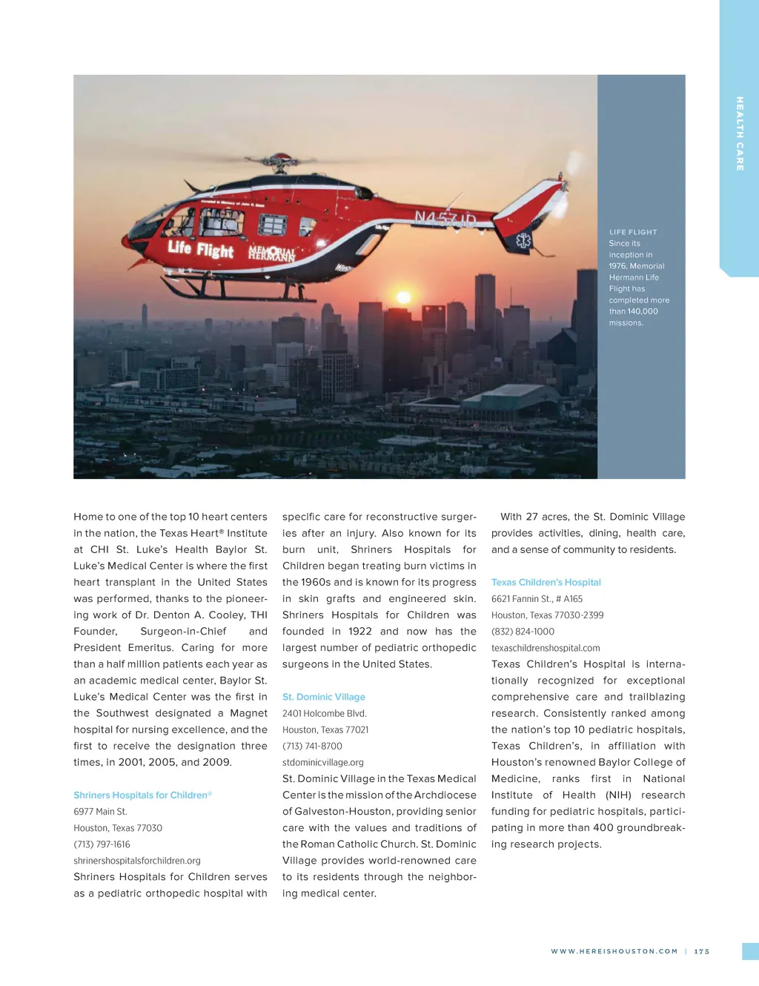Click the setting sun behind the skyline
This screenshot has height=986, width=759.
click(404, 298)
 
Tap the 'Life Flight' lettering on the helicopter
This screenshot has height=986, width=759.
click(200, 249)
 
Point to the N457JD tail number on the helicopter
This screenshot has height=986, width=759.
click(445, 219)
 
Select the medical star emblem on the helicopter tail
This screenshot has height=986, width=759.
click(523, 241)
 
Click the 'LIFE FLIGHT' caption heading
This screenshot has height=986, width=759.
click(633, 232)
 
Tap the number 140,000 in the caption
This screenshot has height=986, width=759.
click(643, 311)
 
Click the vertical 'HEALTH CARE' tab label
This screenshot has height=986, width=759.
click(739, 133)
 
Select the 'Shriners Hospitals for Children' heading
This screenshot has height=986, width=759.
click(141, 795)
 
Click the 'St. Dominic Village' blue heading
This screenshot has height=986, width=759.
click(324, 697)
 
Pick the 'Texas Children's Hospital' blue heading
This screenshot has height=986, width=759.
click(546, 583)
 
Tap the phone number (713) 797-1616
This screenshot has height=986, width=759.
click(102, 844)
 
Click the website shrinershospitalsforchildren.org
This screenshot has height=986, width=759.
click(137, 861)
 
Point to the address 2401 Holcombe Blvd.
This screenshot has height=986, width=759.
click(325, 713)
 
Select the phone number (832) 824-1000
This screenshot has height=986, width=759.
click(523, 632)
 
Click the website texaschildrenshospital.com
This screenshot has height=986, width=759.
click(546, 648)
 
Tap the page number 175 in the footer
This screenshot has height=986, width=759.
click(702, 951)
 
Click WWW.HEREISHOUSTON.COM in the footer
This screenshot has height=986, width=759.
click(614, 951)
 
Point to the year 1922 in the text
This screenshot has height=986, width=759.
click(360, 632)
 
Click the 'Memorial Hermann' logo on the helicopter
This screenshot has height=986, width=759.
click(271, 254)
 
